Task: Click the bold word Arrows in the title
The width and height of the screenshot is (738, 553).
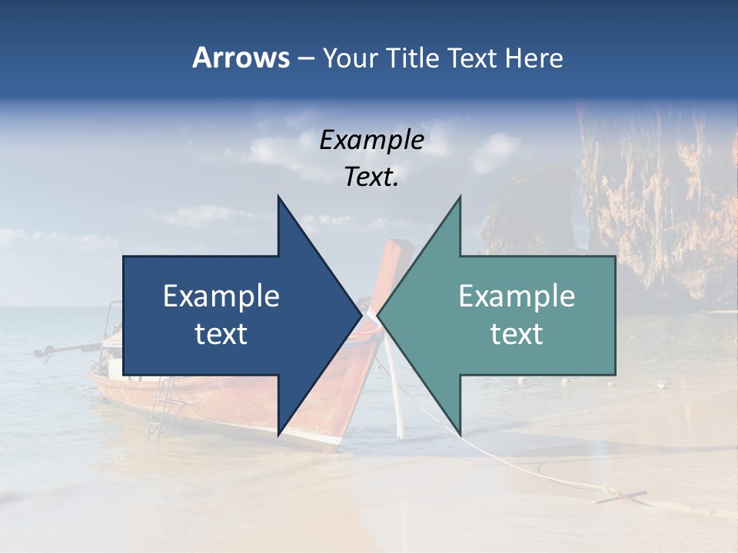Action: pos(241,58)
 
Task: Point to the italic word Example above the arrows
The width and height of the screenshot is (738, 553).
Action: pos(371,140)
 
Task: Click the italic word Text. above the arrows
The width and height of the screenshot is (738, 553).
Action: pos(371,177)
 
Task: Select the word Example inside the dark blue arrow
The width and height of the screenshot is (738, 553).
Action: pos(221,296)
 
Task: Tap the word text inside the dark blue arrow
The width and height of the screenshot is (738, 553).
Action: pos(221,333)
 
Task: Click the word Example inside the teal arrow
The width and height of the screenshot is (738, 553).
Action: pos(517,296)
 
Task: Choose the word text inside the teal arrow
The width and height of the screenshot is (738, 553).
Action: pos(517,333)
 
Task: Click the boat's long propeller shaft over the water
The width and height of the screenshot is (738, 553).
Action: pos(69,349)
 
